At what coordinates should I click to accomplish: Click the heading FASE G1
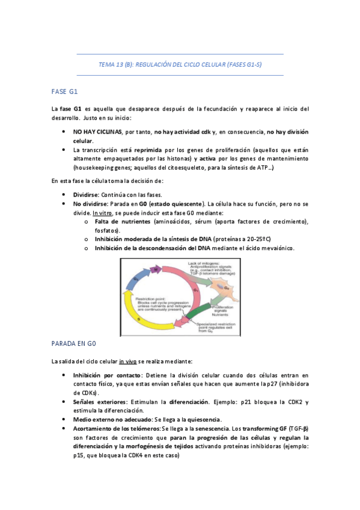[65, 91]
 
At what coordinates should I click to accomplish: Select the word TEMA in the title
[106, 64]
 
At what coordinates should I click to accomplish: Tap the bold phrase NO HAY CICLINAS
[97, 131]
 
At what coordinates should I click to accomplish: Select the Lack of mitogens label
[204, 263]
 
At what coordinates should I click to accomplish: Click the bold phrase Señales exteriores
[99, 401]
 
